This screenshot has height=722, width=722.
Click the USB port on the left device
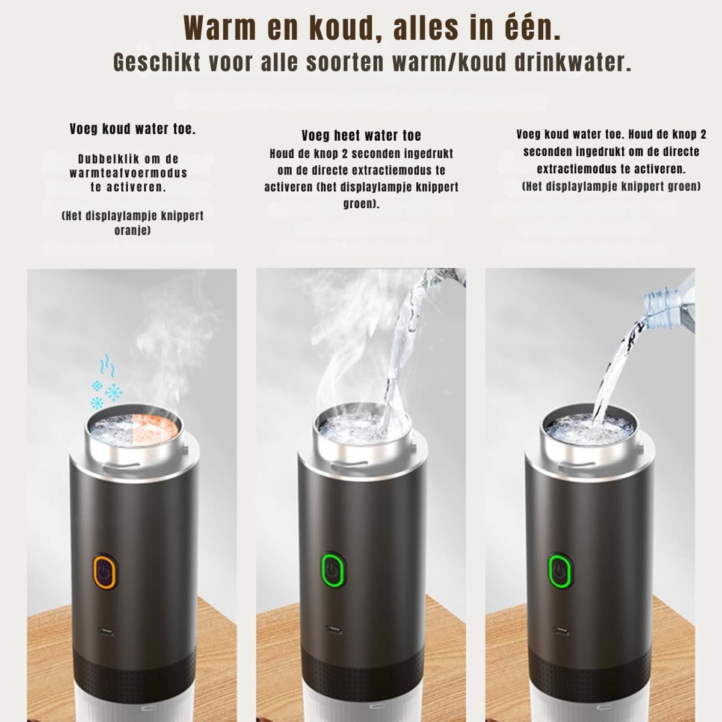[106, 632]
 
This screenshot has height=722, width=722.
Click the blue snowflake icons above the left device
[106, 394]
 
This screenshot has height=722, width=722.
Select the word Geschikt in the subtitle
[158, 63]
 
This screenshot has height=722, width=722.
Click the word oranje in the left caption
[132, 230]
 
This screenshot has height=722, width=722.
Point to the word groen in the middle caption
[361, 203]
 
